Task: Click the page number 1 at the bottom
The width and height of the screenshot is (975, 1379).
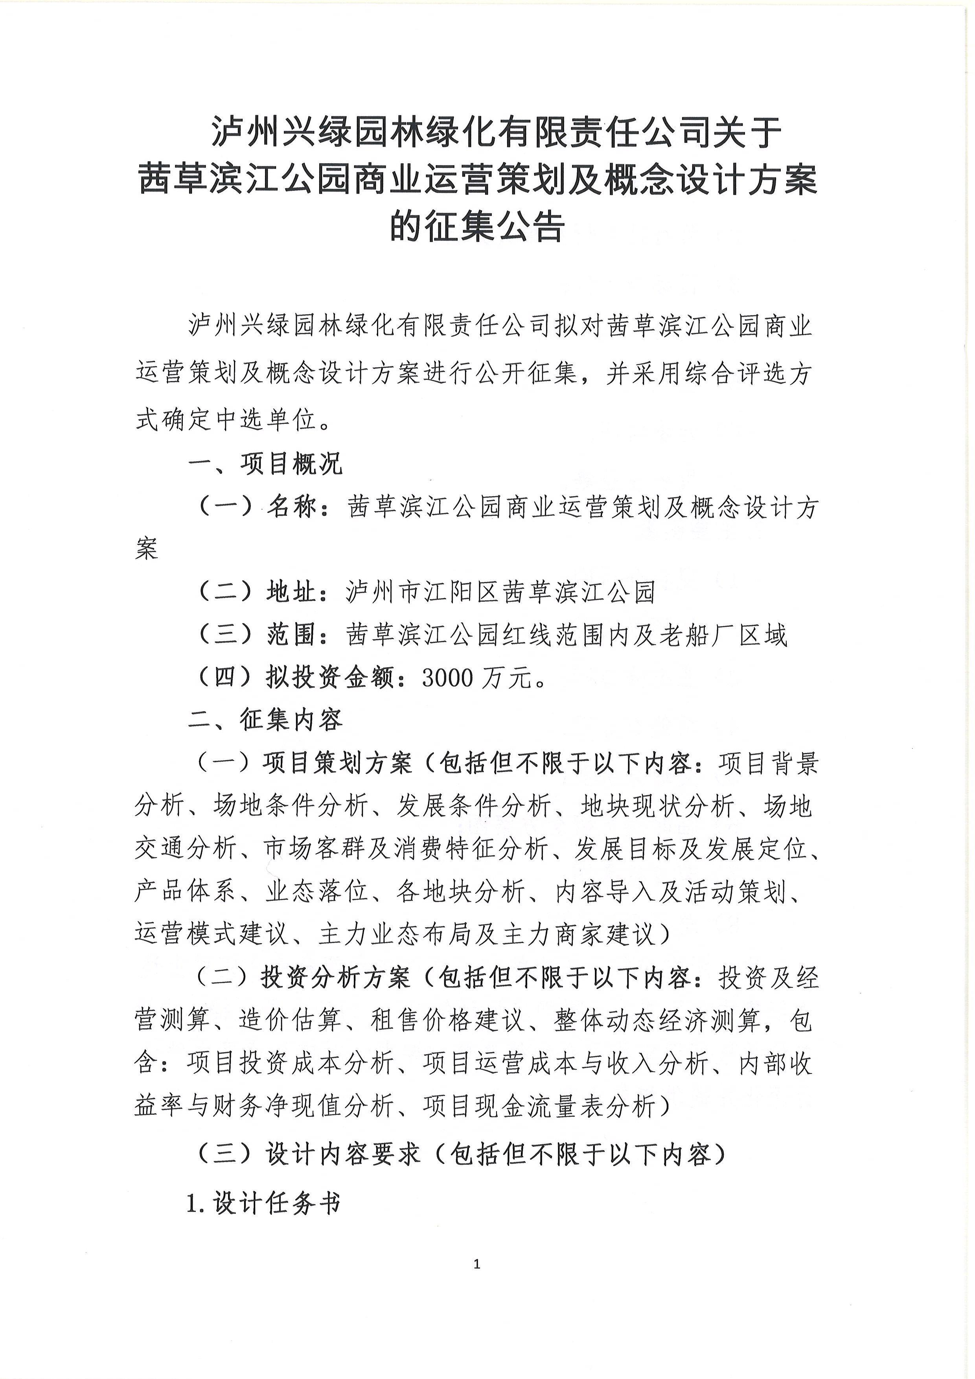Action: tap(477, 1264)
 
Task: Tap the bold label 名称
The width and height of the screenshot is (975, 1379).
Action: tap(291, 508)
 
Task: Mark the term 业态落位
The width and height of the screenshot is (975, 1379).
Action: tap(317, 892)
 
